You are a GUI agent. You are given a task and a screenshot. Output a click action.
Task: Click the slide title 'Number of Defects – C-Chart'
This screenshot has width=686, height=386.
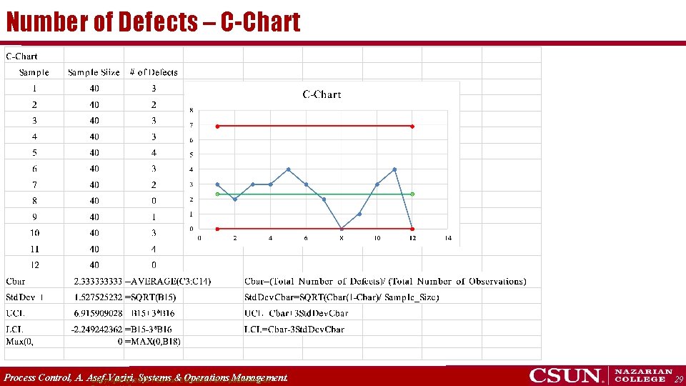click(x=153, y=22)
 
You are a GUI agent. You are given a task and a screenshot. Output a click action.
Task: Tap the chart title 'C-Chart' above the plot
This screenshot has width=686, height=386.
click(x=322, y=94)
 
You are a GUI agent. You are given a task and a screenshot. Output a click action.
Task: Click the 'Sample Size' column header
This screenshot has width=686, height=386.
click(x=94, y=72)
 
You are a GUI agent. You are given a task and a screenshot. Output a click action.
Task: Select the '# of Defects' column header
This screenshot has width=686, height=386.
click(x=154, y=72)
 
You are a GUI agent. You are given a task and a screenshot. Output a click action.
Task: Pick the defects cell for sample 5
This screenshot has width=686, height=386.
click(x=154, y=152)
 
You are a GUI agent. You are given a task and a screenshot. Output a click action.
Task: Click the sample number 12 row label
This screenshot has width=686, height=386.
click(x=34, y=265)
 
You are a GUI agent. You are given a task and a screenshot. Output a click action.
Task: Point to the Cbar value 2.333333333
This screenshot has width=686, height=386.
click(x=99, y=282)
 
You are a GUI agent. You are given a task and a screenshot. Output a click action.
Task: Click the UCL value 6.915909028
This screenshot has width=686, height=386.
click(x=99, y=314)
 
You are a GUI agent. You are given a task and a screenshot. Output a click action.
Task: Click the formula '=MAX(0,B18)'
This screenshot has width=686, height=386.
click(x=153, y=342)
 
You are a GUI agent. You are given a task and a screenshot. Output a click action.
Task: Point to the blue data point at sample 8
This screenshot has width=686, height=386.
click(x=342, y=229)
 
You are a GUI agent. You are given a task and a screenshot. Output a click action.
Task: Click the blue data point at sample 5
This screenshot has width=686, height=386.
click(x=288, y=169)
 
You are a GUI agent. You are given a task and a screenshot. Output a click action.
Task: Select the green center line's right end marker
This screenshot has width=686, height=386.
click(x=413, y=194)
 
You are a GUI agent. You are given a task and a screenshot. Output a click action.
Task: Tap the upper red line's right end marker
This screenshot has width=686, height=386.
click(x=413, y=126)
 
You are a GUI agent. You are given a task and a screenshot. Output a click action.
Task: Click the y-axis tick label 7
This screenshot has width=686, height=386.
click(x=191, y=125)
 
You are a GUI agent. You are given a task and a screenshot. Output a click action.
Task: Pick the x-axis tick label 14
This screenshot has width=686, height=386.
click(x=448, y=238)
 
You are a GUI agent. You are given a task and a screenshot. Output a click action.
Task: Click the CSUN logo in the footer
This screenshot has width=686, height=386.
click(x=565, y=375)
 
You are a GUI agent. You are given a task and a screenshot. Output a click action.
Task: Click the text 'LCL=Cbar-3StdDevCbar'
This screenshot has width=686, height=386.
click(x=294, y=330)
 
